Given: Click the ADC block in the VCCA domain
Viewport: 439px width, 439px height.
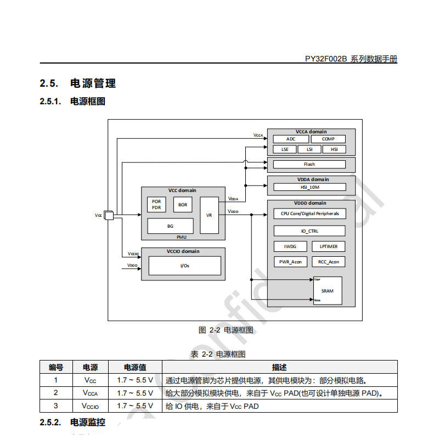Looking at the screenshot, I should (290, 139).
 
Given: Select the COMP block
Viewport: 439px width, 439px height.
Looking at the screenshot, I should (328, 139).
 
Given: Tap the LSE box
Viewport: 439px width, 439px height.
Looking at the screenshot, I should (284, 149).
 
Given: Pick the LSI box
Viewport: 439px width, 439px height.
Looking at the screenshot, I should (309, 149).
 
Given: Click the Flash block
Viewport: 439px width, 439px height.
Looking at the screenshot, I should (309, 164).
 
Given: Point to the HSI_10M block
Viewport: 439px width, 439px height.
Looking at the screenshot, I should (309, 187).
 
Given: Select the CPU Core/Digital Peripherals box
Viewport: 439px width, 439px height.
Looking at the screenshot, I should (309, 213).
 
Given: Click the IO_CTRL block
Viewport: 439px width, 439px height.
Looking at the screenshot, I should (309, 230).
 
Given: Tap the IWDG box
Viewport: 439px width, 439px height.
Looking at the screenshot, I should (290, 246).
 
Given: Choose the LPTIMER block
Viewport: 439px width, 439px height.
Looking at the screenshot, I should (329, 246).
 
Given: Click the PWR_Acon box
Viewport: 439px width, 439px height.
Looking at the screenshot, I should (290, 262).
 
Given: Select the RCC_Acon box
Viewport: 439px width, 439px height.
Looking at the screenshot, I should (329, 262).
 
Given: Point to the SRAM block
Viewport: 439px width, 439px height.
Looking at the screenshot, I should (327, 291).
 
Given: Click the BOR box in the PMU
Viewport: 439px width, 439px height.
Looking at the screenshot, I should (183, 205).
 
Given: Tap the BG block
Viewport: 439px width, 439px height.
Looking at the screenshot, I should (170, 226).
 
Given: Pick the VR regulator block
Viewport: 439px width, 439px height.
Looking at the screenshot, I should (209, 215).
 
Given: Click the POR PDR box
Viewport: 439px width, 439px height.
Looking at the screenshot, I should (156, 205).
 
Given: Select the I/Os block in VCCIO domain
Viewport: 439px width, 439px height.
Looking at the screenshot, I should (184, 266).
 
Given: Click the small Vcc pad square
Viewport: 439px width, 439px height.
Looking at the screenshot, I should (109, 215).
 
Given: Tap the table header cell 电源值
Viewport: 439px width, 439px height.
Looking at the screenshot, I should (135, 367).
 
